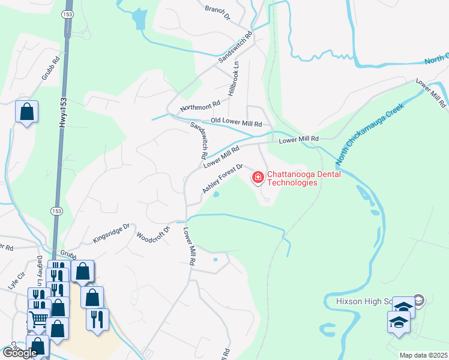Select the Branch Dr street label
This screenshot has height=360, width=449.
pyautogui.click(x=217, y=12)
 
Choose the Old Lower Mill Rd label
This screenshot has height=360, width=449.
pyautogui.click(x=236, y=122)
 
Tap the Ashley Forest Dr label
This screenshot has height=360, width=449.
pyautogui.click(x=222, y=179)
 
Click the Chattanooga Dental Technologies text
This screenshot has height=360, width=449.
pyautogui.click(x=304, y=178)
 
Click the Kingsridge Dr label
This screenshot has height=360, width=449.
pyautogui.click(x=111, y=233)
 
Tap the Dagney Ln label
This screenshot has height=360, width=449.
pyautogui.click(x=40, y=266)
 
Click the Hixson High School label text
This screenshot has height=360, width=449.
pyautogui.click(x=359, y=301)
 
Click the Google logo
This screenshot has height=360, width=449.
pyautogui.click(x=20, y=353)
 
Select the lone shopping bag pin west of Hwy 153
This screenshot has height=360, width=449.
pyautogui.click(x=27, y=112)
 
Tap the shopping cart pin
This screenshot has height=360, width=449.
pyautogui.click(x=39, y=319)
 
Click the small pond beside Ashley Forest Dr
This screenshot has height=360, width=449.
pyautogui.click(x=216, y=194)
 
